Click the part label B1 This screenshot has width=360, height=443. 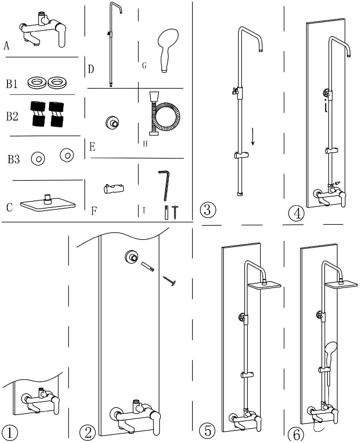point(12,84)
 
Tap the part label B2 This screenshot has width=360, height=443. point(12,116)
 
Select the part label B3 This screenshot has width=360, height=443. point(14,159)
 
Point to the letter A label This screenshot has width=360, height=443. point(7,45)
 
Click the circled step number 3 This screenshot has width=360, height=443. point(208,210)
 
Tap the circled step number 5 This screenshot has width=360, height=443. point(208,431)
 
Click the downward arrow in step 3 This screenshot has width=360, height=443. point(253,136)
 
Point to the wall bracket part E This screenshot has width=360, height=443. point(112,123)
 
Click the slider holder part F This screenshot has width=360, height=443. point(113,189)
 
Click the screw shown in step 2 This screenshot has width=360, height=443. point(169,281)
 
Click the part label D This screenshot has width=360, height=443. point(91,69)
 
